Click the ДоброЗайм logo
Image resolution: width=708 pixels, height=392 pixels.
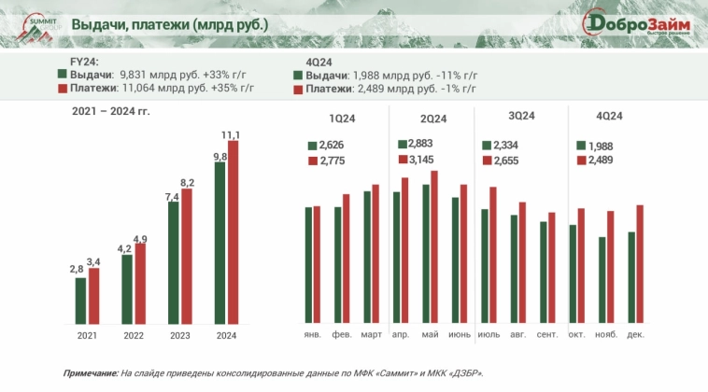click(x=637, y=24)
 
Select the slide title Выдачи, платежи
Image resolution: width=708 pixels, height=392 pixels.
click(x=170, y=24)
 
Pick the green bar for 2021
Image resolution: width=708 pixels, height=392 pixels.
click(x=80, y=299)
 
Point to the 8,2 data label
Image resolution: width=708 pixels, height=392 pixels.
click(x=187, y=182)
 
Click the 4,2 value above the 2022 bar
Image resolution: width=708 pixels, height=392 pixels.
click(x=125, y=248)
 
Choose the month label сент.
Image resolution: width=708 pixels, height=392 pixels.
click(x=548, y=334)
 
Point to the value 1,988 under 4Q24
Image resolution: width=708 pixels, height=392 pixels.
click(x=600, y=145)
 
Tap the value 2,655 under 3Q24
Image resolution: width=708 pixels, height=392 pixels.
click(x=505, y=161)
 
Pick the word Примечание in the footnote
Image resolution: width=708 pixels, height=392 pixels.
click(x=91, y=372)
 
